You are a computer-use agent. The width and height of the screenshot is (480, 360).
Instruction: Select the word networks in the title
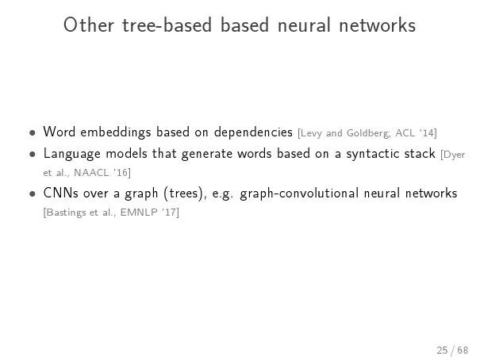(378, 26)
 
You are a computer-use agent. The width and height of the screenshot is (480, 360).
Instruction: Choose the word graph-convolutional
(290, 193)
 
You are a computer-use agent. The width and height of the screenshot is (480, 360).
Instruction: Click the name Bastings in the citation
(66, 212)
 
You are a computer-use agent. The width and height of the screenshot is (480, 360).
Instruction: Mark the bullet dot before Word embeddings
(31, 132)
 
